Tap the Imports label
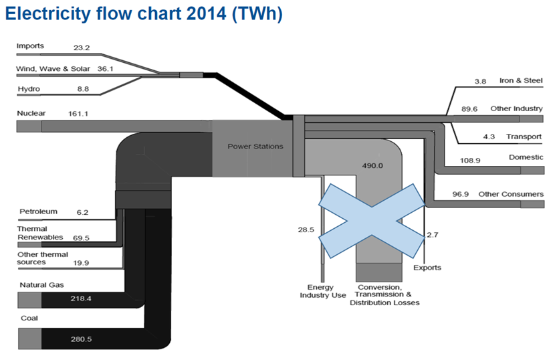pyautogui.click(x=30, y=46)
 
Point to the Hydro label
pyautogui.click(x=27, y=88)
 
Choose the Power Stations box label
pyautogui.click(x=255, y=146)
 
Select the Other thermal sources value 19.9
pyautogui.click(x=82, y=263)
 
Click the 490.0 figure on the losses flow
pyautogui.click(x=372, y=165)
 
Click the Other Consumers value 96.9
pyautogui.click(x=461, y=194)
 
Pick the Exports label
pyautogui.click(x=427, y=268)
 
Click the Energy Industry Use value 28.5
pyautogui.click(x=306, y=230)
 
